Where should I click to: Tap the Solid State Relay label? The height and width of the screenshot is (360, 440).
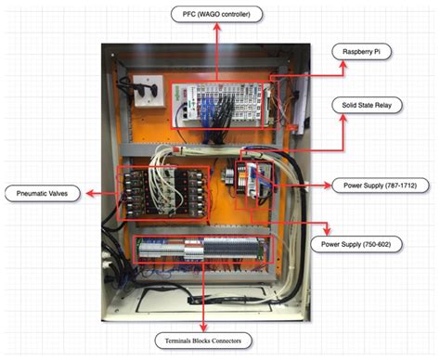[x=368, y=105]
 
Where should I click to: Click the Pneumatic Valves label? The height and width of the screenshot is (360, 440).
[x=42, y=193]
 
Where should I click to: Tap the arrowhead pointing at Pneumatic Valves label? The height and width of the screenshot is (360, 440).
[x=85, y=193]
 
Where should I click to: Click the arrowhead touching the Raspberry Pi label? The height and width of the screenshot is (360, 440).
[x=330, y=55]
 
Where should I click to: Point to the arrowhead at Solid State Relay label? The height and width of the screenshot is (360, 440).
[x=330, y=105]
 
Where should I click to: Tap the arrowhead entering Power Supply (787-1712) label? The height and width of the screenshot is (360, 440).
[x=328, y=185]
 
